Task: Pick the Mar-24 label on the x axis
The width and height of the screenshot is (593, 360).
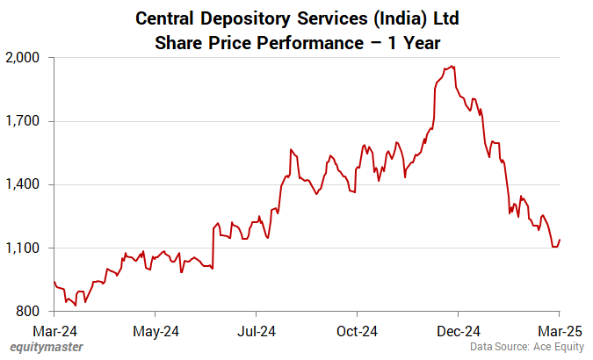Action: [x=54, y=331]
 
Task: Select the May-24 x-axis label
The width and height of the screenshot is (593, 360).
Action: [x=155, y=331]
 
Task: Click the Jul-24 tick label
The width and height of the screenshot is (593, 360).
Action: [x=257, y=331]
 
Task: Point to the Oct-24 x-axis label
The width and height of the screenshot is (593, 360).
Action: [x=358, y=331]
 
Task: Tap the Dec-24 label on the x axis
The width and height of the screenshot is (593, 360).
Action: [x=459, y=331]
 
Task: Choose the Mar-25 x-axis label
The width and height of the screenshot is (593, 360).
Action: [x=559, y=331]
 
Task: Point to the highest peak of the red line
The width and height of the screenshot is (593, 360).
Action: [x=452, y=66]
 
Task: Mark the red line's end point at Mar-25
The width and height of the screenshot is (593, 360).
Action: [x=560, y=240]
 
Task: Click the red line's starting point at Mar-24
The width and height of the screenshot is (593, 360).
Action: [x=54, y=282]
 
